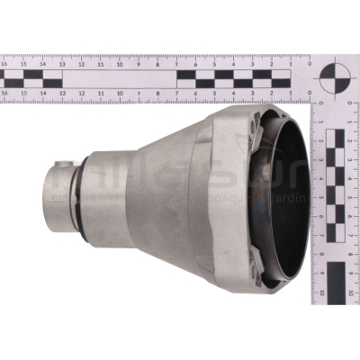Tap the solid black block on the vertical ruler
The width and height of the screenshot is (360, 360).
336,281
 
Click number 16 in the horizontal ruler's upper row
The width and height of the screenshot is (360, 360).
4,64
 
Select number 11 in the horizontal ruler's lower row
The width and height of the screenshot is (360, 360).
100,92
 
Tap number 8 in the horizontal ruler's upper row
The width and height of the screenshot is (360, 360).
157,64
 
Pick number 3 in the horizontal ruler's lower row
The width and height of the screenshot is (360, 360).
253,92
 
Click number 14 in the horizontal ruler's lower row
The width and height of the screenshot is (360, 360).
42,92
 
